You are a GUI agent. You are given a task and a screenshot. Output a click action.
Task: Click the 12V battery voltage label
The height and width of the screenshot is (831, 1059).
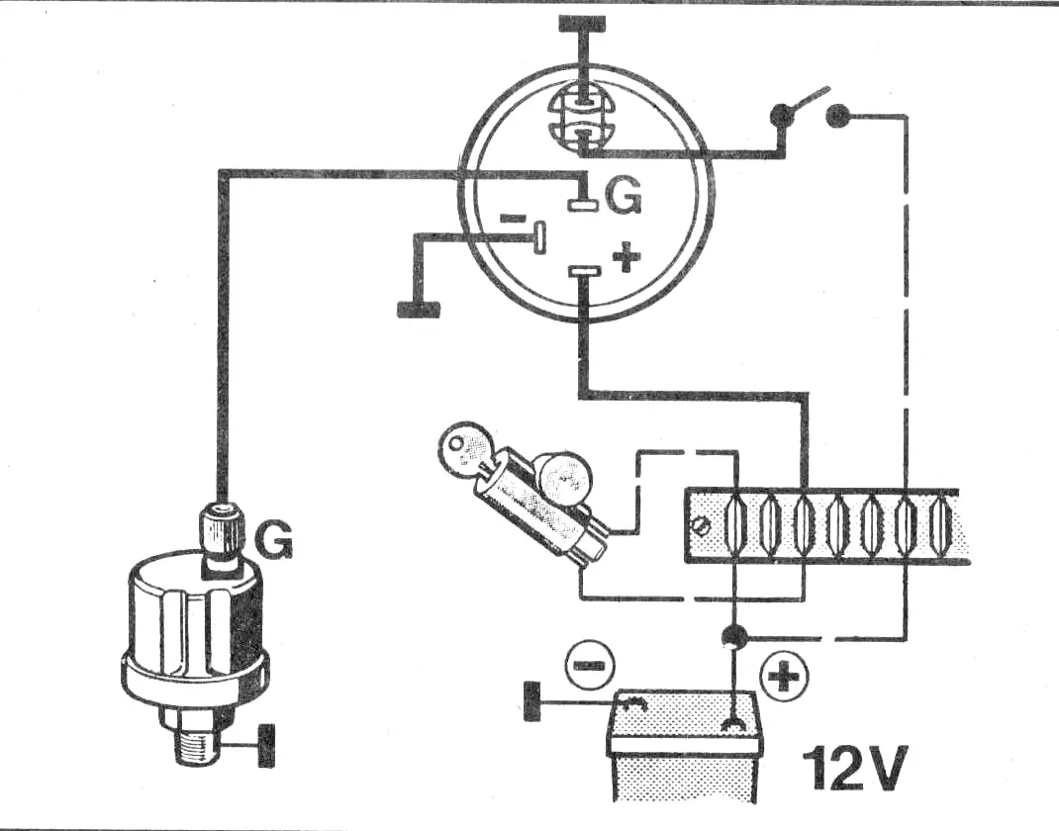854,768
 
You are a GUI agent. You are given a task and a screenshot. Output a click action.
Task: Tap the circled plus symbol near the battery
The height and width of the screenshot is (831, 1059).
784,675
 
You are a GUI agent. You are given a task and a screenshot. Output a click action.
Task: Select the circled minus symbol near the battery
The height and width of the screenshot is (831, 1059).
589,665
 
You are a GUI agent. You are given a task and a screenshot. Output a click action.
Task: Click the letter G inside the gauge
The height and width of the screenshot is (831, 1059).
622,197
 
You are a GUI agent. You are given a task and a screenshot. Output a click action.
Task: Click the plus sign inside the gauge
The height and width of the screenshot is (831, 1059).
626,256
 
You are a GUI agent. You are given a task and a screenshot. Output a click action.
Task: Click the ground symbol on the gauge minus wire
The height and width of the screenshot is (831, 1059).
420,310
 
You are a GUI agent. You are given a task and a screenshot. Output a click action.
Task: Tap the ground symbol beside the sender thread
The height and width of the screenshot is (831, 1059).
268,746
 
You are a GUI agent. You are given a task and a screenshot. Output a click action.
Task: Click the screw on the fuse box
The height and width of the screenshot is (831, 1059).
700,523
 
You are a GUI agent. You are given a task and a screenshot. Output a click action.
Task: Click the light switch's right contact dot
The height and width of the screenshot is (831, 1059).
838,116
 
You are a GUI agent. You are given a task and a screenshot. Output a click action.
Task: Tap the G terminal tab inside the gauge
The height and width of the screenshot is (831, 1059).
583,205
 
